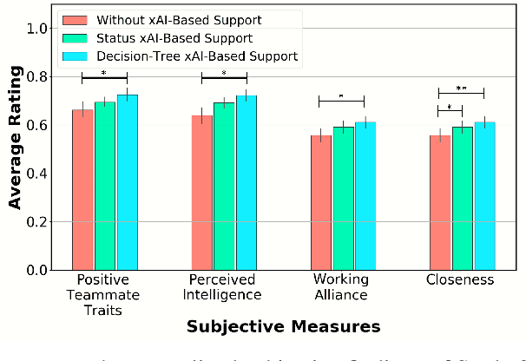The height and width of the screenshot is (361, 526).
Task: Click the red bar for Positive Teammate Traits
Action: point(82,190)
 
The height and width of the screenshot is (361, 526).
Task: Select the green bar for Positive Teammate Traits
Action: point(105,187)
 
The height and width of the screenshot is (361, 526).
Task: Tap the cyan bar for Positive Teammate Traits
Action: point(128,183)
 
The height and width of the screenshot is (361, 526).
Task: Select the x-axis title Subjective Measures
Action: point(284,327)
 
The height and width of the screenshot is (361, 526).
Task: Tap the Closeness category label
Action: point(460,280)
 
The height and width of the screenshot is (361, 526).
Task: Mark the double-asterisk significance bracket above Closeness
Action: point(461,91)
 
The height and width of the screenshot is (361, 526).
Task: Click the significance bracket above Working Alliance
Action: point(342,100)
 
